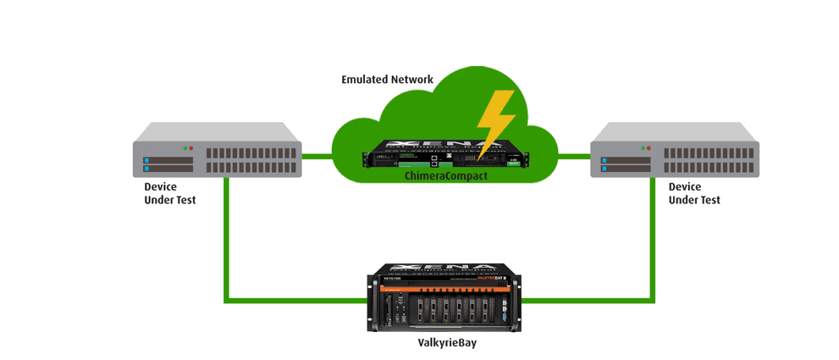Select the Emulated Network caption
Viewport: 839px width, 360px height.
387,80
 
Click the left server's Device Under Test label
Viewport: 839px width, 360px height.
169,193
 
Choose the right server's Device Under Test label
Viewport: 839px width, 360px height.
694,193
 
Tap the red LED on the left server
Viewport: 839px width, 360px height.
192,148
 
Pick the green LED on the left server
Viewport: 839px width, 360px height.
185,148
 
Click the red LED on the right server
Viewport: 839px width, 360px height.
651,148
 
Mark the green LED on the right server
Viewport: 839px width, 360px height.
643,148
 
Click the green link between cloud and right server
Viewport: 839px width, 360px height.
574,157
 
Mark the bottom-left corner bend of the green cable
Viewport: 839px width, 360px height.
226,299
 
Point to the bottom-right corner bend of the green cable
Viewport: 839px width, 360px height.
651,297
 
